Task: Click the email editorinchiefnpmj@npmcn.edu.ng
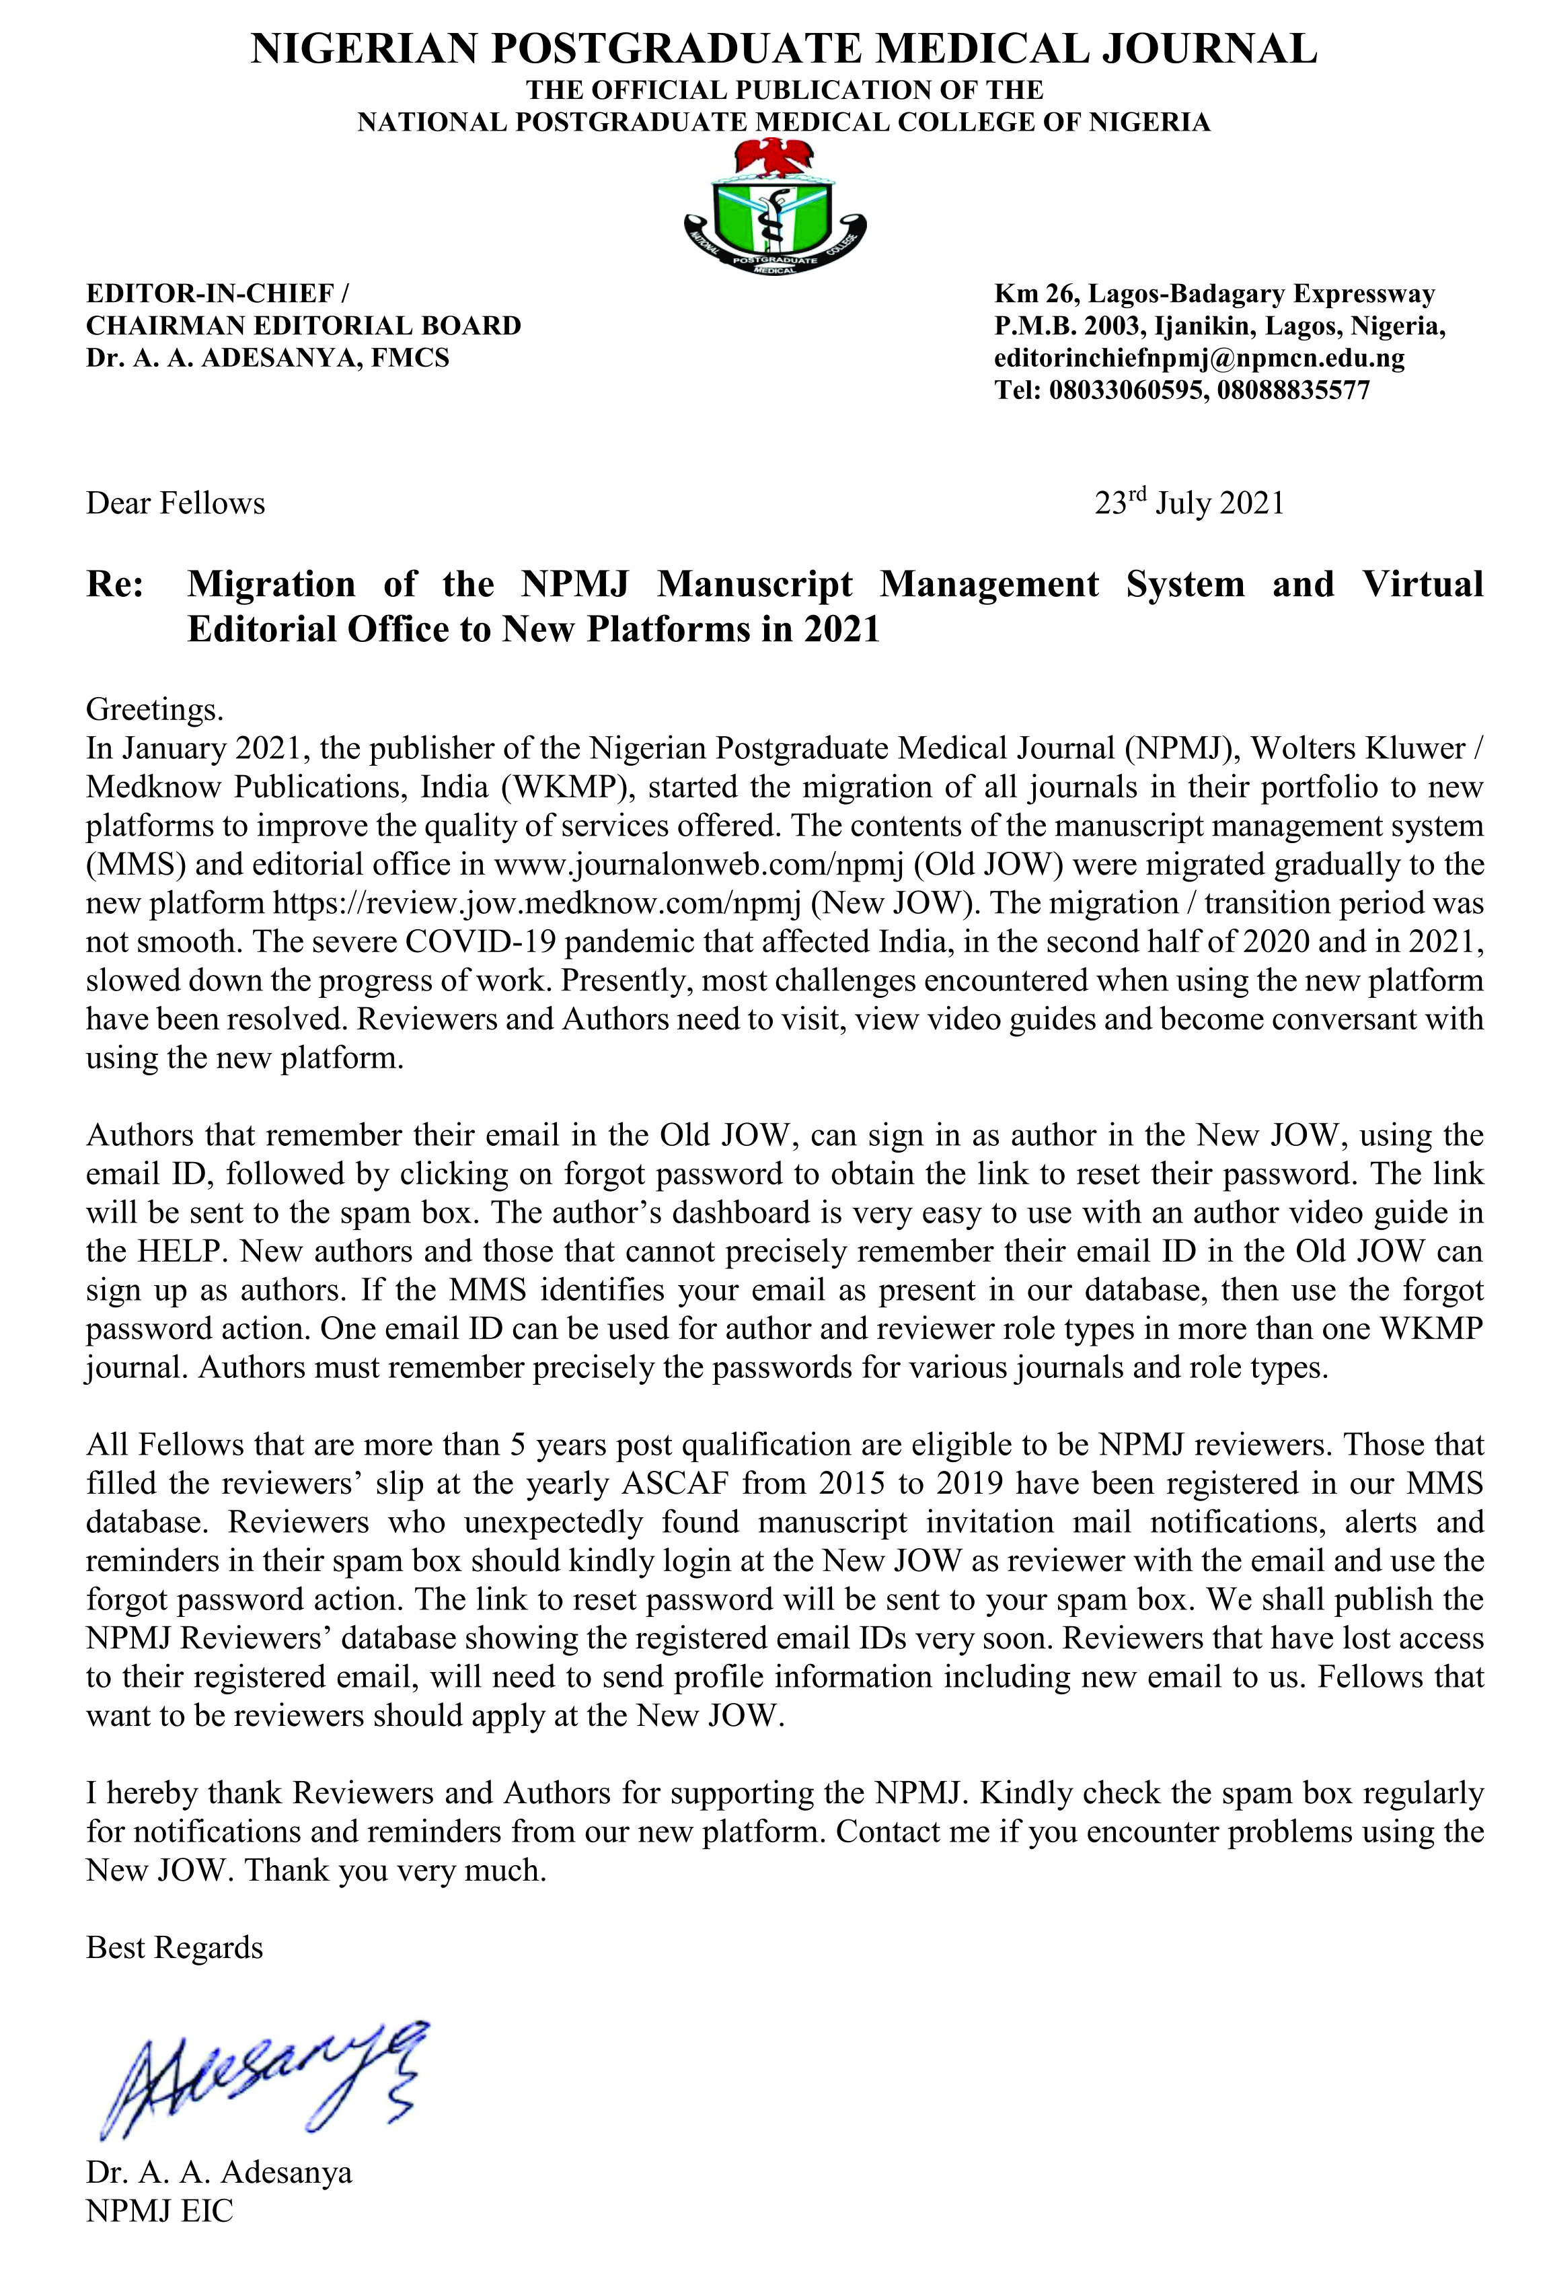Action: tap(1199, 357)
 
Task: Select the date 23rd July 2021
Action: tap(1189, 503)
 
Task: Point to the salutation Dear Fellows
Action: tap(176, 503)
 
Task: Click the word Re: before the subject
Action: tap(115, 585)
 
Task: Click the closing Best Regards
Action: tap(175, 1947)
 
